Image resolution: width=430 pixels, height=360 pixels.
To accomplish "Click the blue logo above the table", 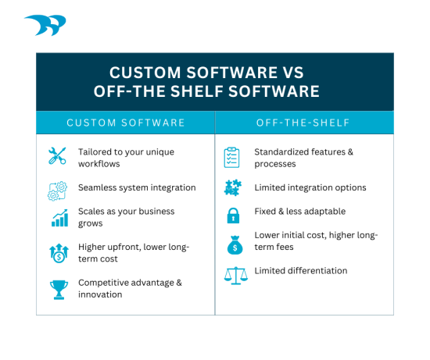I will coord(45,26).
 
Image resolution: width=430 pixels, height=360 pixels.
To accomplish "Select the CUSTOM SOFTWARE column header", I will coord(125,123).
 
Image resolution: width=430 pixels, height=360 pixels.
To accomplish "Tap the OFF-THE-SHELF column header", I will coord(303,123).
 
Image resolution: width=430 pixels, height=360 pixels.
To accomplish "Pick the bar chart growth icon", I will coord(59,218).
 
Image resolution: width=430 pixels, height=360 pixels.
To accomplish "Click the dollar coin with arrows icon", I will coord(59,252).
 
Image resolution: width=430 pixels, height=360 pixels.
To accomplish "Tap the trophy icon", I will coord(59,289).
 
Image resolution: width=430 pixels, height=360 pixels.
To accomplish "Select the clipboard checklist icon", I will coord(231,156).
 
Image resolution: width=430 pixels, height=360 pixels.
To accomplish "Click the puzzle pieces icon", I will coord(231,188).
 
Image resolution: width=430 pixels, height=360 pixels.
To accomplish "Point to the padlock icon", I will coord(231,215).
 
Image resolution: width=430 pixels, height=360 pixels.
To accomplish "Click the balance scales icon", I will coord(231,273).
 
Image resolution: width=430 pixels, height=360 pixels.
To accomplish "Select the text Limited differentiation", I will coord(301,271).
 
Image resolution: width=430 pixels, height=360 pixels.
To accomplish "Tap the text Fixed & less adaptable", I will coord(299,212).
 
